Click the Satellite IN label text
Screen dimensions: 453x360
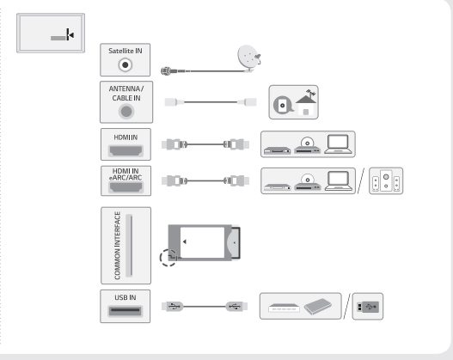pos(125,51)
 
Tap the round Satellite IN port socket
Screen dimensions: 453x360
pos(125,65)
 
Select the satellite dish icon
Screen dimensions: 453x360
pos(249,58)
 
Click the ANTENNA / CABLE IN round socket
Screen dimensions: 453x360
pos(126,112)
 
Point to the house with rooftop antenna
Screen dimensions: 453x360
pos(306,102)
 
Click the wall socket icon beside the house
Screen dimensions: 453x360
pos(283,105)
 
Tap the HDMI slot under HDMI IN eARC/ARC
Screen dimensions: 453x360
pos(125,187)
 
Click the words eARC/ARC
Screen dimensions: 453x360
pos(125,178)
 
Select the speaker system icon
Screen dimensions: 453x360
pos(386,181)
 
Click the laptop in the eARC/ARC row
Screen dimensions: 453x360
pos(339,181)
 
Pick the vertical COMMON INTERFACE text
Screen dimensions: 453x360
pos(117,246)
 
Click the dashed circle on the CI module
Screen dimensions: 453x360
pos(168,258)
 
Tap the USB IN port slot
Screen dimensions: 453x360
pos(125,311)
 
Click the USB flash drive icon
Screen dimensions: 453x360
pos(368,307)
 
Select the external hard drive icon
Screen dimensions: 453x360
pos(318,307)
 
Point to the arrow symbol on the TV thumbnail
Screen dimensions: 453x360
pos(70,34)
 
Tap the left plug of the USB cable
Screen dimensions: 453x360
pos(173,307)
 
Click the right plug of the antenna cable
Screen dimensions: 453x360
pos(247,102)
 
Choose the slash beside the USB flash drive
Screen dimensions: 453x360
pos(346,307)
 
